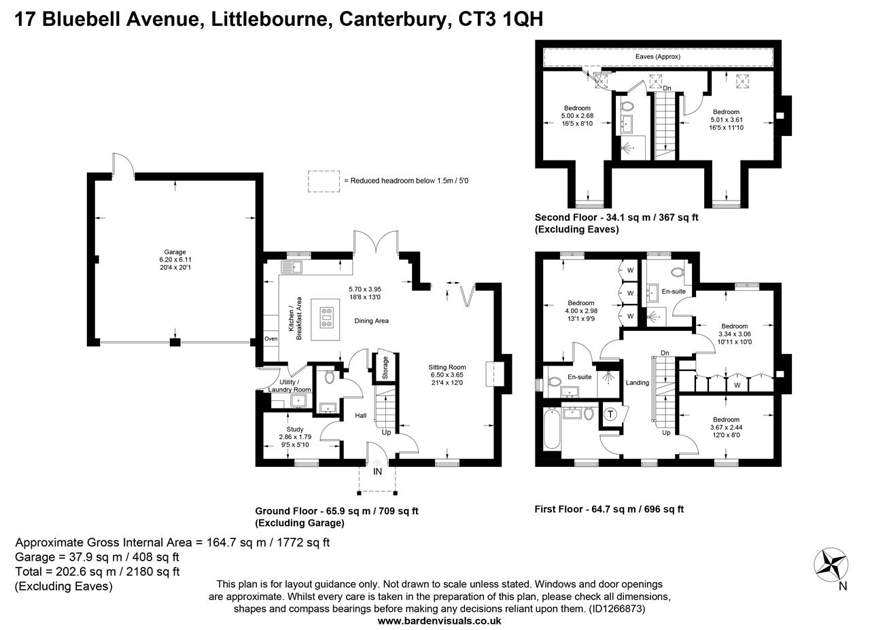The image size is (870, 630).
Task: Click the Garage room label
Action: coord(175,251)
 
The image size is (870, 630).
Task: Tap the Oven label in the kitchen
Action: coord(271,338)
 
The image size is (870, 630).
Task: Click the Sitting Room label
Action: coord(447,367)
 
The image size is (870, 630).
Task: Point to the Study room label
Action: coord(295,430)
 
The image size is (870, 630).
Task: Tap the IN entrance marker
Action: coord(377,472)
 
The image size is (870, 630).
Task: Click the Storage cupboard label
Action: coord(385,368)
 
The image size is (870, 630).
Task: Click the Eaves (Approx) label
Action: coord(657,56)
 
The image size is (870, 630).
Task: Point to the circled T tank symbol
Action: coord(610,414)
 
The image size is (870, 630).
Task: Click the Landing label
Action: coord(637,383)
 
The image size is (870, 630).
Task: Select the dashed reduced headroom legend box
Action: coord(324,181)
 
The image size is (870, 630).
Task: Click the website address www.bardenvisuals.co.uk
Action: coord(439,621)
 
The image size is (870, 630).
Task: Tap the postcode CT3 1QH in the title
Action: coord(500,19)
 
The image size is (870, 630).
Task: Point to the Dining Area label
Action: coord(371,321)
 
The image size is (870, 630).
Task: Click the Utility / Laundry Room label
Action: coord(290,386)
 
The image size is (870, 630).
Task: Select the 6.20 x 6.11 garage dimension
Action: coord(175,260)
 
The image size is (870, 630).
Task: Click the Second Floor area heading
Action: coord(616,217)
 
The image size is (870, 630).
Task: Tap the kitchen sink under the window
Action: coord(292,267)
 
